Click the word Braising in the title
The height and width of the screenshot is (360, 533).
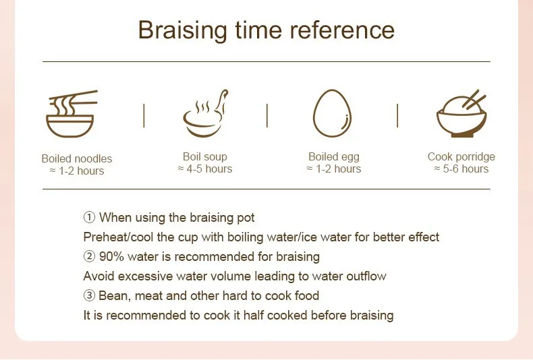click(183, 30)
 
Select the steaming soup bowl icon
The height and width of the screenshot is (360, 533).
click(205, 113)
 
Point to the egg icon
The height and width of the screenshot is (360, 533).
click(332, 113)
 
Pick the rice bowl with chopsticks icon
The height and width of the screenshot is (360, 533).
click(461, 113)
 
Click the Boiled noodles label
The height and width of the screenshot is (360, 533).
click(77, 158)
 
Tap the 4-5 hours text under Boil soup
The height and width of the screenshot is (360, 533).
click(209, 169)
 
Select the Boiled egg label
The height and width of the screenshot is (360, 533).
click(334, 157)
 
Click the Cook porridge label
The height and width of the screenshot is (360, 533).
click(461, 157)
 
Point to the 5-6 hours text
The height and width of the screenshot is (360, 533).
click(466, 169)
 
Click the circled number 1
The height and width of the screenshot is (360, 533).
click(89, 217)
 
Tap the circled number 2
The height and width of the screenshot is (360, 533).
click(89, 256)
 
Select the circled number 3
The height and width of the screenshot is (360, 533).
click(89, 295)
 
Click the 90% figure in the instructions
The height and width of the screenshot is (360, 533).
click(111, 256)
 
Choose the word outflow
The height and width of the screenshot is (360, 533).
click(366, 276)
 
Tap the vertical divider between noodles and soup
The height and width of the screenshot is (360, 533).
click(144, 116)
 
